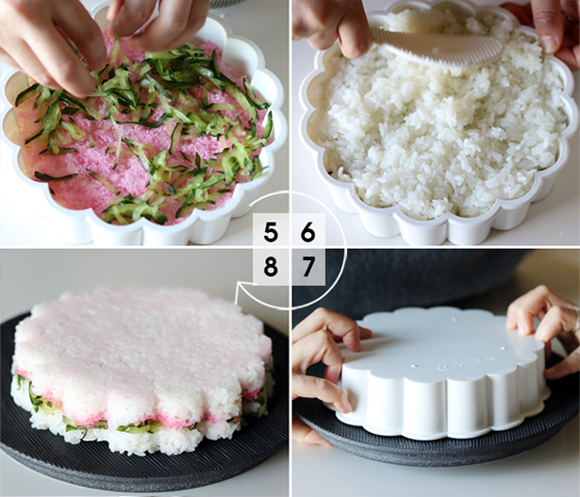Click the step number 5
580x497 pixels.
click(x=271, y=232)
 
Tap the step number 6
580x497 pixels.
click(x=307, y=232)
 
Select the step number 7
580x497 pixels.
click(x=308, y=266)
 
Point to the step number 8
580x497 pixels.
click(x=271, y=266)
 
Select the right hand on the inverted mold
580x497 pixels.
click(x=544, y=325)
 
